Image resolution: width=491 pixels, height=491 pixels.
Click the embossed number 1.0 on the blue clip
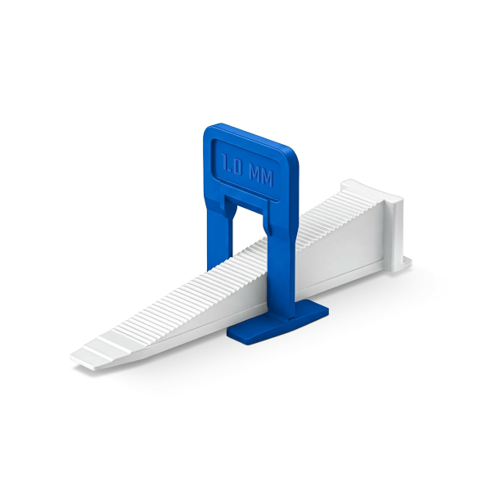pyautogui.click(x=232, y=165)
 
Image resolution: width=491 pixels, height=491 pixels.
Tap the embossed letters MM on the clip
pyautogui.click(x=261, y=176)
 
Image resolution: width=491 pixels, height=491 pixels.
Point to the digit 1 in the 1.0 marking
pyautogui.click(x=224, y=161)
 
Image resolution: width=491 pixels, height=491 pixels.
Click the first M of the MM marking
pyautogui.click(x=255, y=174)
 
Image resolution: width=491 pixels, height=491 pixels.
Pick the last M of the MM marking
pyautogui.click(x=268, y=178)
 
